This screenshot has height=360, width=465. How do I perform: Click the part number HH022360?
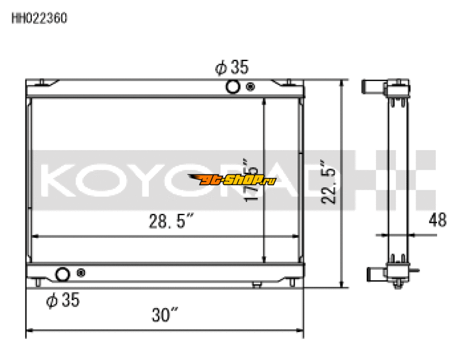click(x=40, y=18)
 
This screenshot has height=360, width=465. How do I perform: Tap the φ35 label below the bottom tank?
click(x=62, y=300)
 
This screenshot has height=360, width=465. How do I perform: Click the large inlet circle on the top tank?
click(x=233, y=87)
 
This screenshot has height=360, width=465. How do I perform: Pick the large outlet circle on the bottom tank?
click(x=62, y=273)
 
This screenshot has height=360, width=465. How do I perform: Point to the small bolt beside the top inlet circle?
click(x=250, y=87)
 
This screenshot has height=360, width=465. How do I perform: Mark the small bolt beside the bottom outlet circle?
click(x=80, y=273)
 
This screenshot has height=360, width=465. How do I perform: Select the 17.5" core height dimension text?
click(x=251, y=180)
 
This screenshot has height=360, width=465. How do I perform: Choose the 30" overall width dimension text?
click(x=164, y=316)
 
